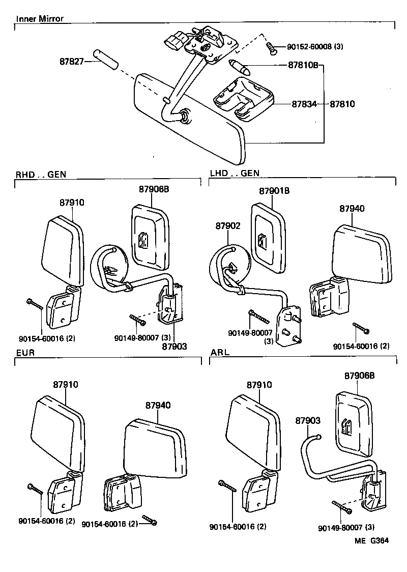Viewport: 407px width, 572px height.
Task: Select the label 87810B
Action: (x=304, y=65)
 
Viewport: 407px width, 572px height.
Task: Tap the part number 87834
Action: (x=304, y=104)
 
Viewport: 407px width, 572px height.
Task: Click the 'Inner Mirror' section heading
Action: (x=40, y=19)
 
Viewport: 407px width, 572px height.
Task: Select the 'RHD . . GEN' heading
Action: (x=41, y=175)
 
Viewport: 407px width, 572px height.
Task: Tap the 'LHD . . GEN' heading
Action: (x=235, y=174)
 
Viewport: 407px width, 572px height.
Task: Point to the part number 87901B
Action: (x=274, y=191)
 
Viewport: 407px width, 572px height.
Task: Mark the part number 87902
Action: (x=227, y=225)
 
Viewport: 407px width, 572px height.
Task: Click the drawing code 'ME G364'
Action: (x=372, y=541)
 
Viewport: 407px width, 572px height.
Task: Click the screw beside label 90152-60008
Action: (x=272, y=48)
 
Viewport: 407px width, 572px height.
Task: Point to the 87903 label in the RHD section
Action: (x=175, y=347)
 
